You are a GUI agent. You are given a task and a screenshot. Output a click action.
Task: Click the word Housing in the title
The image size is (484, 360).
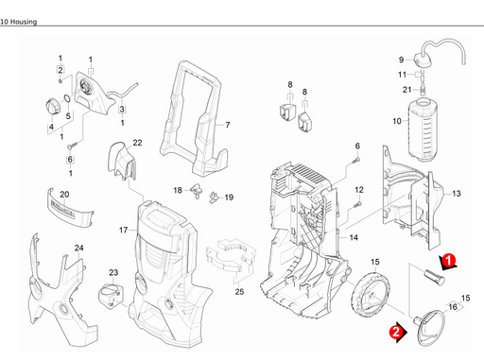27,7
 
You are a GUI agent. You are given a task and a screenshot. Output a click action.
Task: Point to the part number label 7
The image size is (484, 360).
227,125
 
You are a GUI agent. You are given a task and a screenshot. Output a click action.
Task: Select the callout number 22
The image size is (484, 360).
137,143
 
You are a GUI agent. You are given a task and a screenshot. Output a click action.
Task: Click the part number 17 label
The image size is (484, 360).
122,230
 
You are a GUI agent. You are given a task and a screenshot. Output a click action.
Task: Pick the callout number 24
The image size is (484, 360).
79,249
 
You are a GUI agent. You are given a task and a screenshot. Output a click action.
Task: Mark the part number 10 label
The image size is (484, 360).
397,121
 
